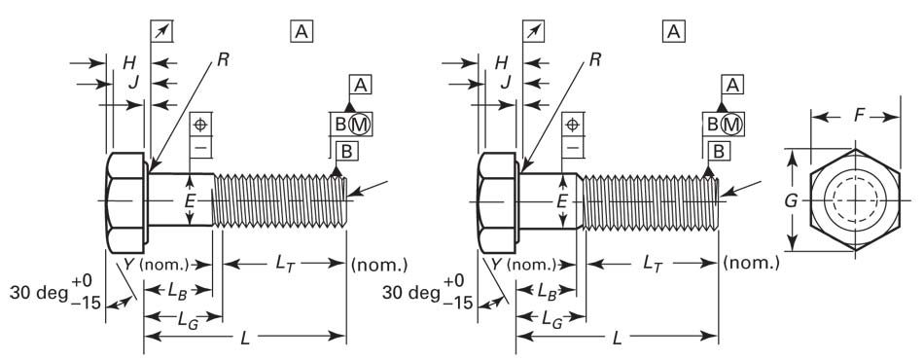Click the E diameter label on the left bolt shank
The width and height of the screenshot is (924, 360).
tap(191, 201)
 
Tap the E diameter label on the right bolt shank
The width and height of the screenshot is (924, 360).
tap(562, 201)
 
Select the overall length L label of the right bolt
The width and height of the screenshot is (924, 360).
tap(617, 337)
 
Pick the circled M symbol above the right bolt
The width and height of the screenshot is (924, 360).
tap(730, 124)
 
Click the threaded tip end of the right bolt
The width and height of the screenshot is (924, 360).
tap(716, 199)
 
